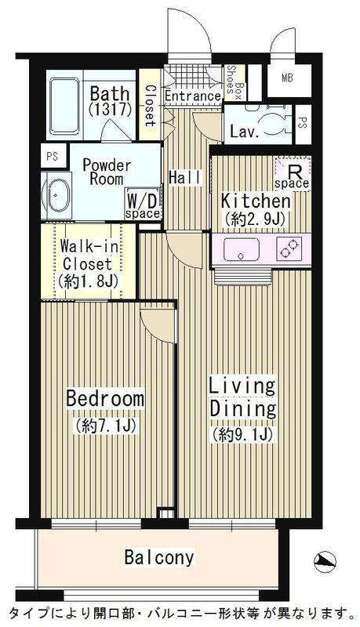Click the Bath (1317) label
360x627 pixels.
(x=111, y=101)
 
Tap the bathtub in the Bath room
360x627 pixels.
(x=64, y=106)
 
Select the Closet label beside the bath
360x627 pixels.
(x=150, y=105)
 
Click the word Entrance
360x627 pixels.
(x=192, y=96)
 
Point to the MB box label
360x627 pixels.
(x=287, y=78)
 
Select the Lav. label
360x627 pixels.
(x=244, y=132)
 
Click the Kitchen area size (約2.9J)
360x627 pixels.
(x=254, y=219)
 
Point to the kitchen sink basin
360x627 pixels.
(x=242, y=249)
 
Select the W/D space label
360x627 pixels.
(x=143, y=205)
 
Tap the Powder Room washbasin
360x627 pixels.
(x=56, y=196)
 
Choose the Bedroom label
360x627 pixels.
(x=105, y=399)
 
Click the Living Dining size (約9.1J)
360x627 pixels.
(x=243, y=433)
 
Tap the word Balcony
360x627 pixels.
(x=158, y=557)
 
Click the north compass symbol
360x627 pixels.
(x=325, y=561)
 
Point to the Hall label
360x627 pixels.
(x=185, y=178)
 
